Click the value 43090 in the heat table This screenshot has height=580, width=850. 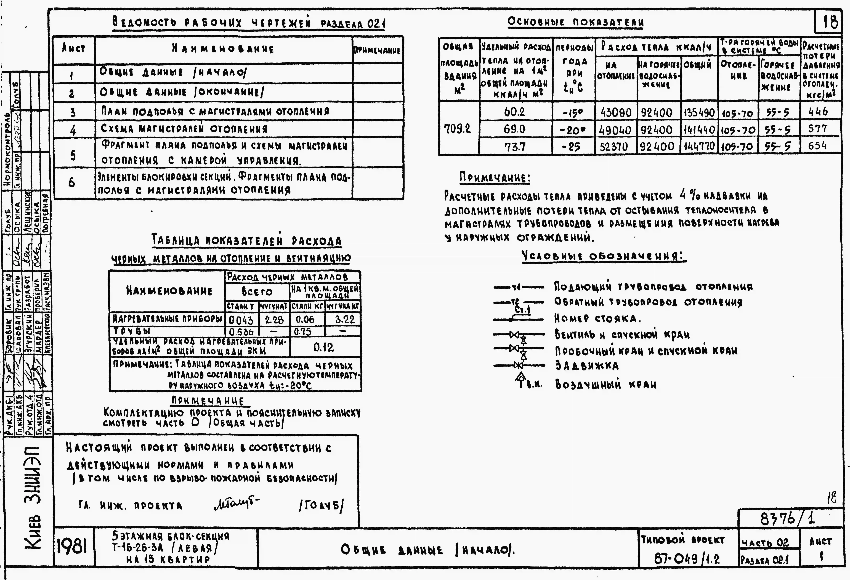coord(616,112)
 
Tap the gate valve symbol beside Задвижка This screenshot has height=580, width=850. coord(518,365)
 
